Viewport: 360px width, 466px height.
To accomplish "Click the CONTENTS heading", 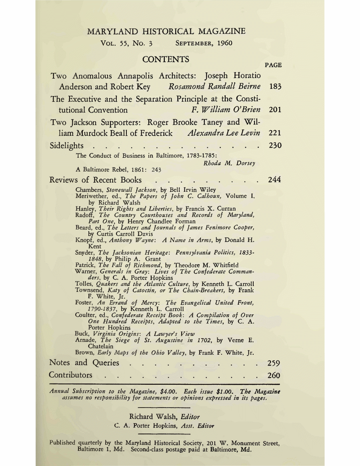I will [x=166, y=60].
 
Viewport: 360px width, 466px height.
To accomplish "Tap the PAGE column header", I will [x=273, y=65].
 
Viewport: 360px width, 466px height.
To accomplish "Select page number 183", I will [x=274, y=86].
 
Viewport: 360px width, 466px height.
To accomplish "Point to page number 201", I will [x=274, y=110].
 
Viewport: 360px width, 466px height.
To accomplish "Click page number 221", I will [x=274, y=133].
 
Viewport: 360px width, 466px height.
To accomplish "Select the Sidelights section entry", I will [x=66, y=145].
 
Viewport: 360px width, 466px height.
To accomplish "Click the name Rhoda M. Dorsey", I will [x=229, y=163].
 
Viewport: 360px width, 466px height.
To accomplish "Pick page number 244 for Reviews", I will [x=274, y=180].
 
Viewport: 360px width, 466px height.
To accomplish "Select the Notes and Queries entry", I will [x=84, y=363].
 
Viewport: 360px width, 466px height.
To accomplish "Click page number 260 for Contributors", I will [x=274, y=375].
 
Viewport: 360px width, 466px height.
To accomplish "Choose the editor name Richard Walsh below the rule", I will [x=149, y=416].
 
